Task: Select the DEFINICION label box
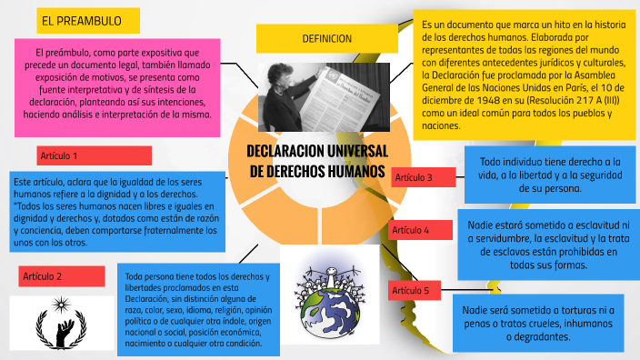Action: pyautogui.click(x=326, y=38)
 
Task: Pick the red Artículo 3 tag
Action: pyautogui.click(x=423, y=176)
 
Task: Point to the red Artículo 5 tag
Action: pyautogui.click(x=415, y=291)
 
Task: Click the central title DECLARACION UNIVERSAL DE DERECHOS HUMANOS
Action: pyautogui.click(x=318, y=161)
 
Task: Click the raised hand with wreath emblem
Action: pyautogui.click(x=62, y=321)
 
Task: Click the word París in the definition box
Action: pyautogui.click(x=571, y=88)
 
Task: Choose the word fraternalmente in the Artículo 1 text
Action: pyautogui.click(x=178, y=231)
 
